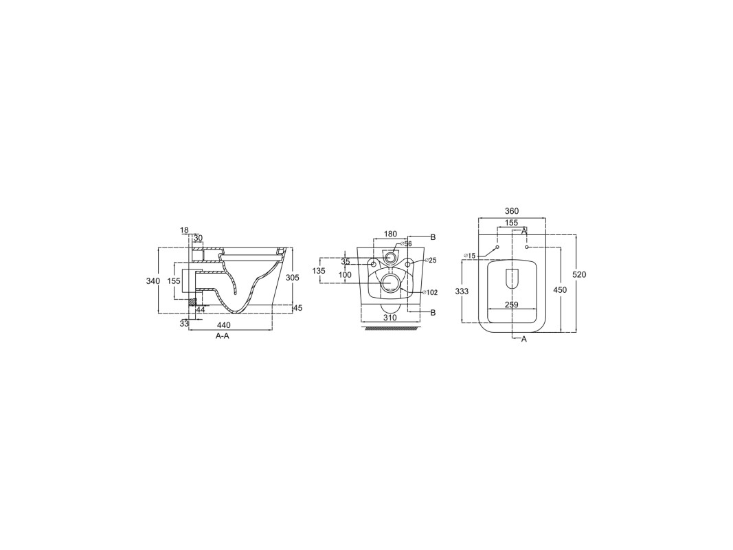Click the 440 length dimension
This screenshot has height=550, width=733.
click(x=224, y=325)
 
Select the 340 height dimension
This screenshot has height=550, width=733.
click(x=153, y=280)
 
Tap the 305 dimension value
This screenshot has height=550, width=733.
click(x=292, y=277)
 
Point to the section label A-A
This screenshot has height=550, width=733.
click(x=223, y=335)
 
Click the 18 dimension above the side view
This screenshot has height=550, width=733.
click(x=184, y=230)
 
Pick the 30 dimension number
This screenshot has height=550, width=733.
click(x=199, y=238)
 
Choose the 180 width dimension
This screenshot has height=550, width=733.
click(x=390, y=234)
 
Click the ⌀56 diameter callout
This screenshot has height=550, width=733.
click(x=405, y=243)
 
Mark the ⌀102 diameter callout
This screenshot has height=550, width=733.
click(x=429, y=293)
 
